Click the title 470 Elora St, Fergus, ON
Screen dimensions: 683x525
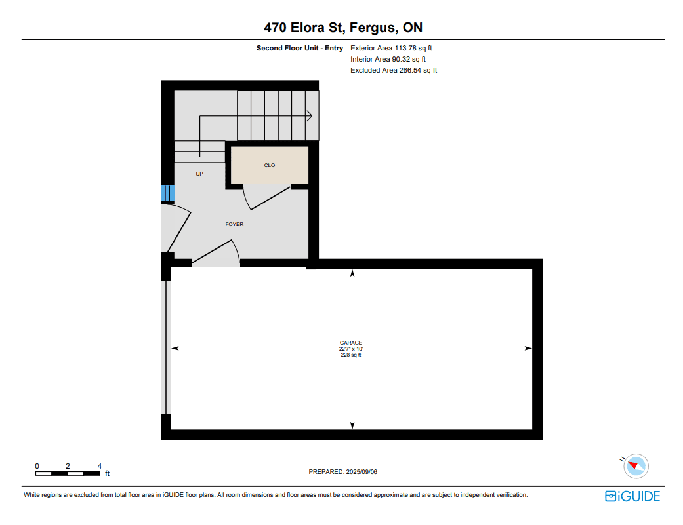[x=342, y=28]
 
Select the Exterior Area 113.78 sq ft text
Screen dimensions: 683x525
[x=391, y=49]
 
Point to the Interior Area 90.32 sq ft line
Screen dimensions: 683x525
[x=388, y=59]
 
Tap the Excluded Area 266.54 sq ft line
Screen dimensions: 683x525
[x=394, y=71]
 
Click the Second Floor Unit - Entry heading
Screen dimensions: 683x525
[x=300, y=49]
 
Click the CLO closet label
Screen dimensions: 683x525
[x=270, y=165]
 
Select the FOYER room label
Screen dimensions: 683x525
[x=234, y=224]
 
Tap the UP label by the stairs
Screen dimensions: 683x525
[x=199, y=174]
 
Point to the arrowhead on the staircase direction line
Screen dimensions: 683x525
[x=310, y=116]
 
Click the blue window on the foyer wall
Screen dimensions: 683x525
[x=168, y=193]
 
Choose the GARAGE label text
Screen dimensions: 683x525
[x=351, y=343]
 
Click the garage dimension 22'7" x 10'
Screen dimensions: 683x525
[x=351, y=349]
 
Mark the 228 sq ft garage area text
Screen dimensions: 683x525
[x=351, y=355]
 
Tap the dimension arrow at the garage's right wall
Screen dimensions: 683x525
[x=528, y=349]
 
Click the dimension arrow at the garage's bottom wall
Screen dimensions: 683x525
[x=352, y=425]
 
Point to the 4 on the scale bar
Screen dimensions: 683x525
[x=100, y=466]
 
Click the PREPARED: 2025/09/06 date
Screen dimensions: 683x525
[x=342, y=471]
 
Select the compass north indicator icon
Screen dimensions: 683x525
[x=636, y=466]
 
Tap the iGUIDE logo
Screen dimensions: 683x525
[x=632, y=496]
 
